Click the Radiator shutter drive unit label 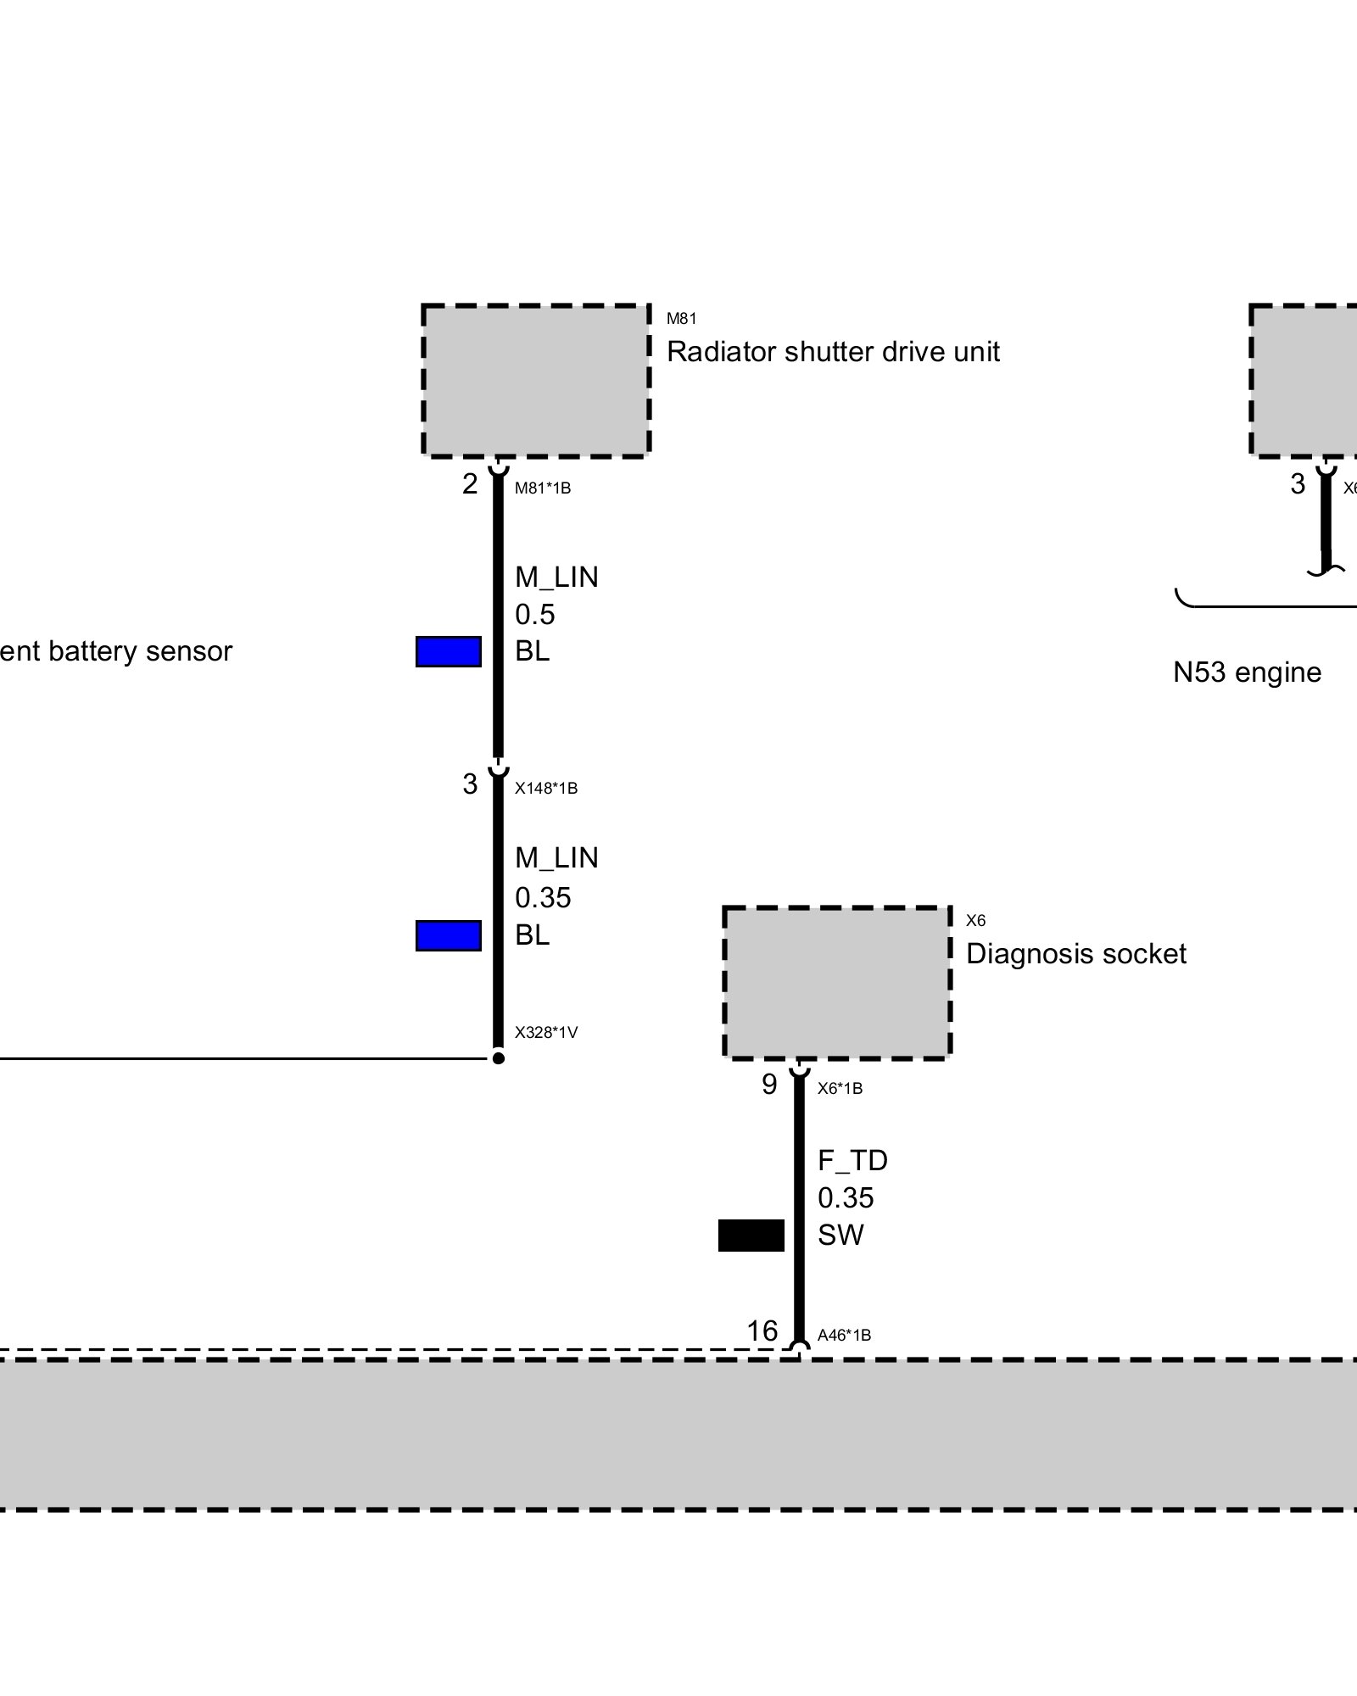pyautogui.click(x=833, y=352)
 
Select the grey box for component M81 pyautogui.click(x=536, y=381)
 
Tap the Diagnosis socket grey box pyautogui.click(x=837, y=983)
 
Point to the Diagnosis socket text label pyautogui.click(x=1075, y=954)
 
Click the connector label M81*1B pyautogui.click(x=543, y=488)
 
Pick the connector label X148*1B pyautogui.click(x=546, y=789)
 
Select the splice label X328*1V pyautogui.click(x=546, y=1033)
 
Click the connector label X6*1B pyautogui.click(x=840, y=1089)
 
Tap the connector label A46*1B pyautogui.click(x=844, y=1336)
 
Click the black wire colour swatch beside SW pyautogui.click(x=751, y=1236)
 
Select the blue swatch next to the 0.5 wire pyautogui.click(x=449, y=652)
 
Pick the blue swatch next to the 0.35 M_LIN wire pyautogui.click(x=449, y=935)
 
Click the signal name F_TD pyautogui.click(x=852, y=1161)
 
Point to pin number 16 pyautogui.click(x=762, y=1331)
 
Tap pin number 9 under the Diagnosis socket pyautogui.click(x=769, y=1085)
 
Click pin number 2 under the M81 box pyautogui.click(x=470, y=484)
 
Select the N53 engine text pyautogui.click(x=1247, y=672)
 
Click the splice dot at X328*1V pyautogui.click(x=499, y=1058)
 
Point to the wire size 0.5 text pyautogui.click(x=535, y=614)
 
